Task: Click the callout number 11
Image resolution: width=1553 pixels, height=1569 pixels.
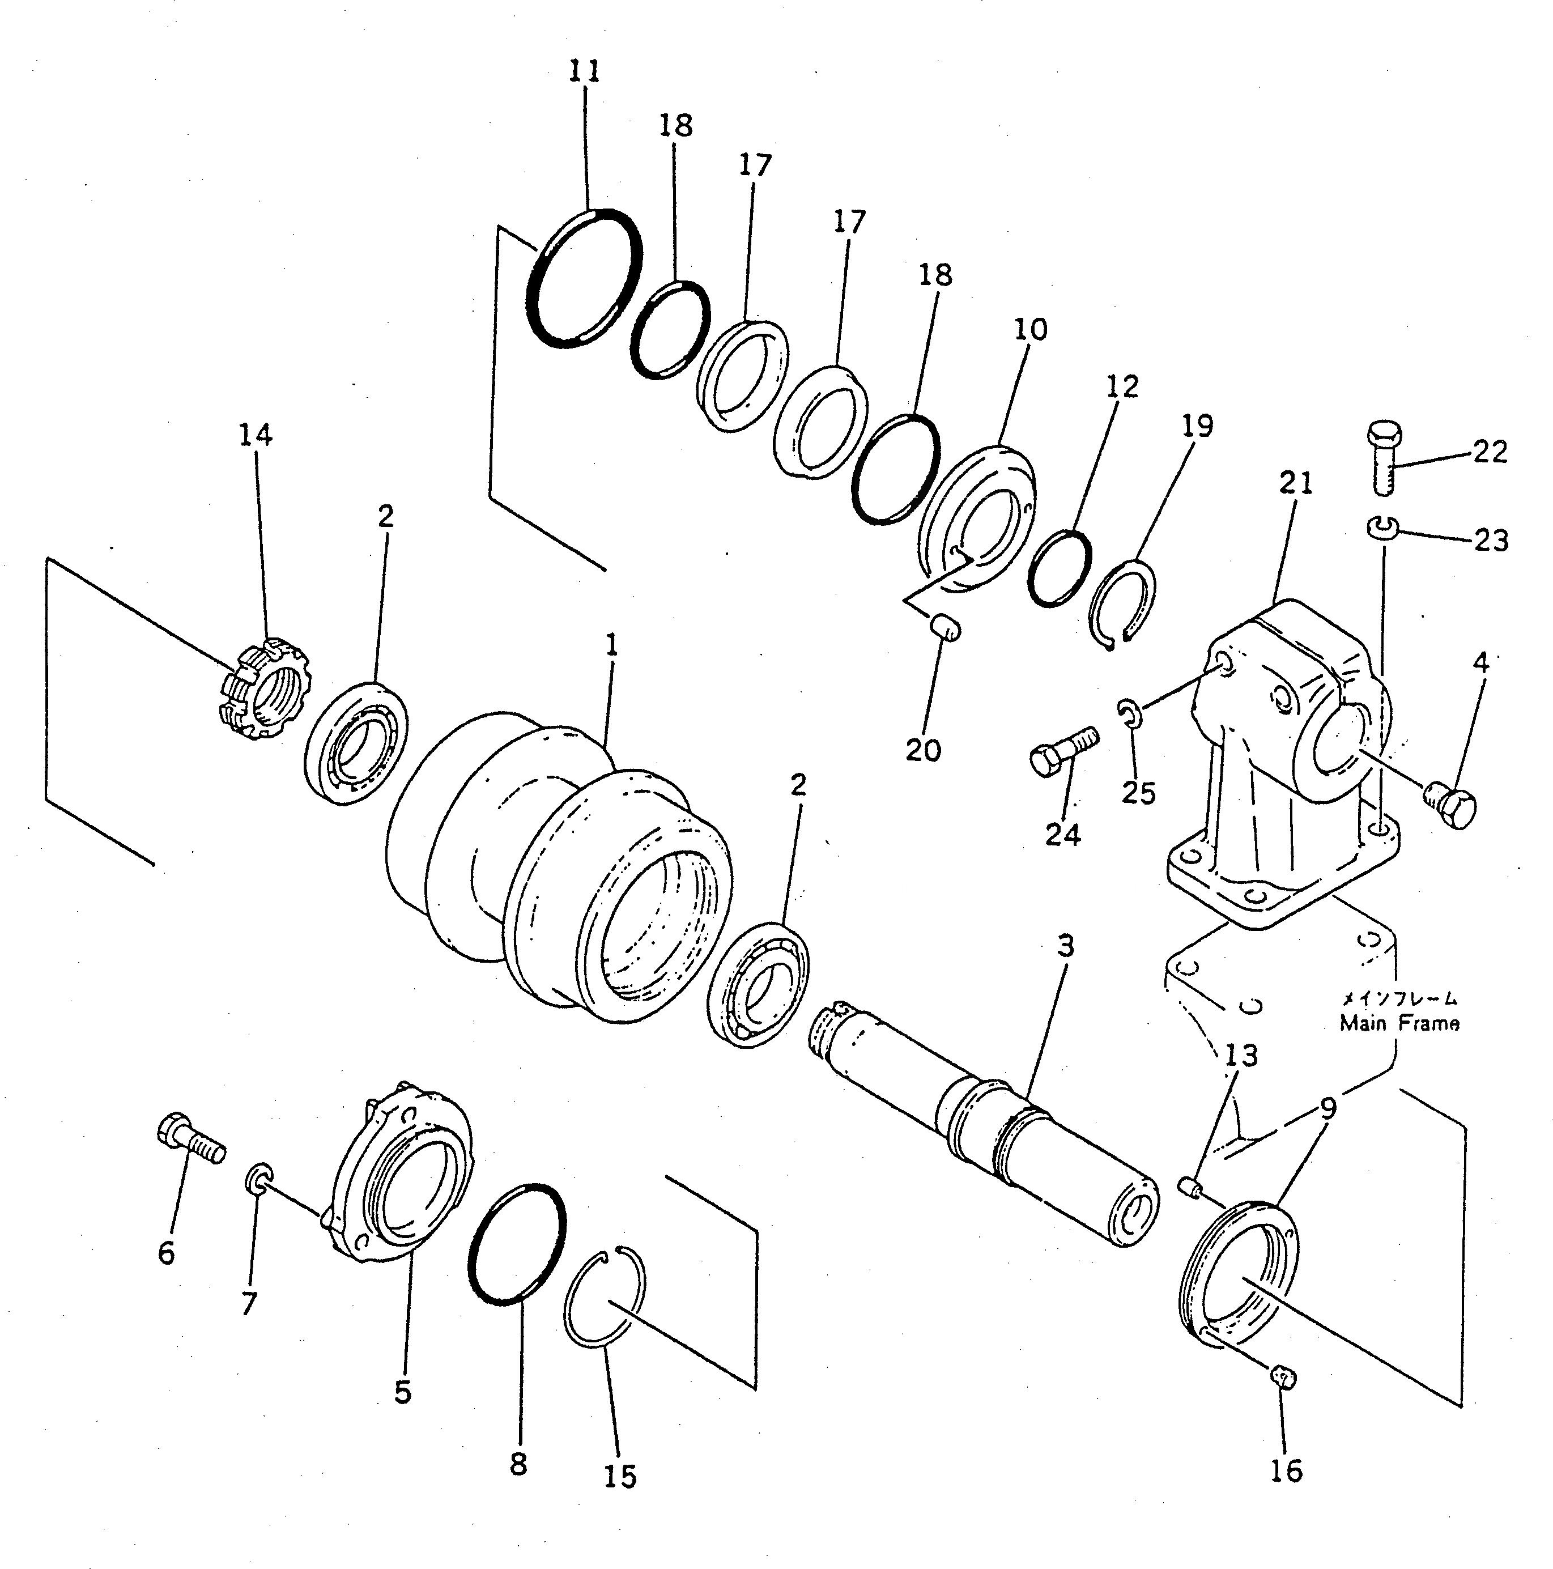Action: coord(584,71)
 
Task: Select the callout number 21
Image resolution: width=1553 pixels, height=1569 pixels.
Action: coord(1296,484)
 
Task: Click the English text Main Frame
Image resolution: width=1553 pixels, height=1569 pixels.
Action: coord(1399,1023)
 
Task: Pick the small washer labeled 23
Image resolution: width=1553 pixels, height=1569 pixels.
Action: coord(1380,528)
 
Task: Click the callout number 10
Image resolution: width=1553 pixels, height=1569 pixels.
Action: coord(1031,330)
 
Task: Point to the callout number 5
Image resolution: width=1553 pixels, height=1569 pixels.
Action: coord(403,1392)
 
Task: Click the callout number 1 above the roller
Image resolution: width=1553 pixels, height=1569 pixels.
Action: coord(611,645)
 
